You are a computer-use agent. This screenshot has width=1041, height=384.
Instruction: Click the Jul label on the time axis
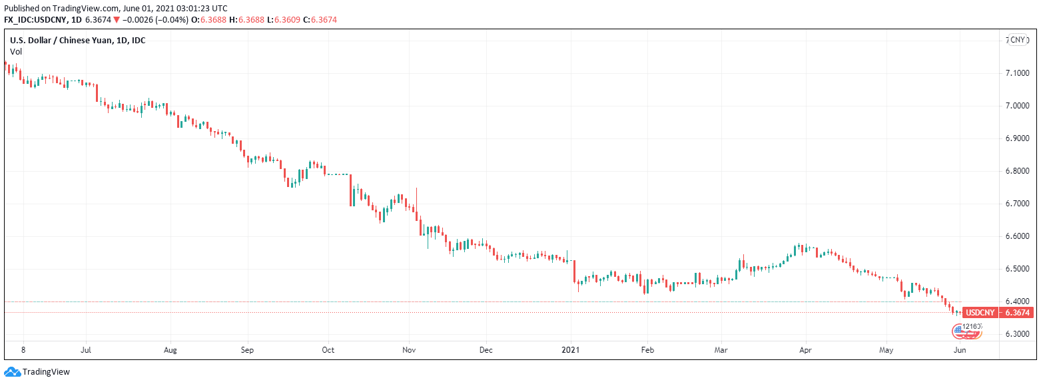pyautogui.click(x=85, y=349)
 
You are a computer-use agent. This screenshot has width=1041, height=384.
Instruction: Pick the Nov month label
pyautogui.click(x=410, y=349)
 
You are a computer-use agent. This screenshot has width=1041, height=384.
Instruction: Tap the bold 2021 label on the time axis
pyautogui.click(x=571, y=349)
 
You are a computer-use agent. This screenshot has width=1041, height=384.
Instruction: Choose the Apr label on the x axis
pyautogui.click(x=805, y=349)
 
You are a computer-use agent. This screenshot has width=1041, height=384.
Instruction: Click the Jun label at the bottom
pyautogui.click(x=959, y=349)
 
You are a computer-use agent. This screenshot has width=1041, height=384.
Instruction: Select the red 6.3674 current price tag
pyautogui.click(x=1017, y=313)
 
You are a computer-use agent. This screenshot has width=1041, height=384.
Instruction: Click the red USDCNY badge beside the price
pyautogui.click(x=980, y=313)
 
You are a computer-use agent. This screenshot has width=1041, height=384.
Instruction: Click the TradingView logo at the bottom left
pyautogui.click(x=37, y=372)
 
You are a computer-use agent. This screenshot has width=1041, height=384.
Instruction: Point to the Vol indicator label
pyautogui.click(x=16, y=51)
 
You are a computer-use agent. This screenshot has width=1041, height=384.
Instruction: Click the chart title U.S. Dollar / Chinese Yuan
pyautogui.click(x=77, y=41)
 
